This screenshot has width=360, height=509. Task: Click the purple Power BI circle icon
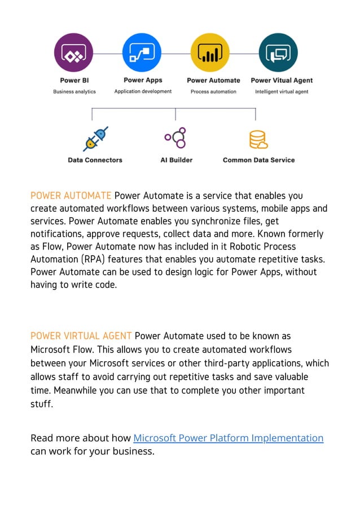[73, 52]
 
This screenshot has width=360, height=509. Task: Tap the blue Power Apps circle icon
[142, 52]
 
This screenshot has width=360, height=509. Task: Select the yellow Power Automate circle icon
[210, 52]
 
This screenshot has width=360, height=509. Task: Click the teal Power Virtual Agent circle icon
[278, 52]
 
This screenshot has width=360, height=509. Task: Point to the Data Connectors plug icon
[95, 138]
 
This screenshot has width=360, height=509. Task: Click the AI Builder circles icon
[175, 138]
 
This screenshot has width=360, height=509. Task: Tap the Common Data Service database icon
[258, 139]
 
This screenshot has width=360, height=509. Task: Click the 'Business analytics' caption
[74, 91]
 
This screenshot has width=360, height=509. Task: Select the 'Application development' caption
[143, 91]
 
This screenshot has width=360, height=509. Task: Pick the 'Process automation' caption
[213, 91]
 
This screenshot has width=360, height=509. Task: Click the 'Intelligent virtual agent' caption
[282, 91]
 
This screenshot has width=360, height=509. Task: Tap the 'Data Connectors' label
[95, 160]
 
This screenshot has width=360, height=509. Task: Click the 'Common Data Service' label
[258, 160]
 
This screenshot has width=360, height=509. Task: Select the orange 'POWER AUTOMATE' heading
[71, 196]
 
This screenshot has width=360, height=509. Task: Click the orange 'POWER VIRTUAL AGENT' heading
[81, 337]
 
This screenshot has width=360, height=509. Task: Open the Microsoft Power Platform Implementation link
[228, 438]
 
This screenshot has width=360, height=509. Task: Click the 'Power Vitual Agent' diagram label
[282, 81]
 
